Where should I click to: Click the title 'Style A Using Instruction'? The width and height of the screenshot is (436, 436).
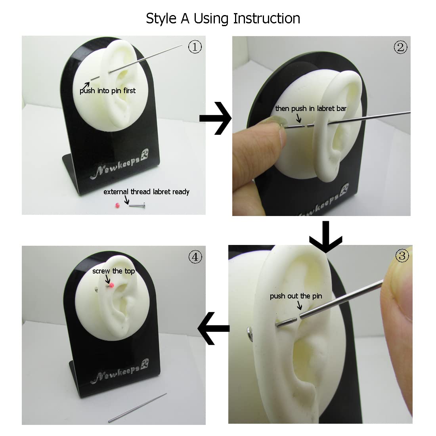pyautogui.click(x=223, y=19)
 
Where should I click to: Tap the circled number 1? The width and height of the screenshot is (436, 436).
pyautogui.click(x=195, y=47)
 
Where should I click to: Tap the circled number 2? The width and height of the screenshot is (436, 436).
pyautogui.click(x=400, y=47)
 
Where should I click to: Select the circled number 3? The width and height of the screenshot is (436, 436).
pyautogui.click(x=402, y=256)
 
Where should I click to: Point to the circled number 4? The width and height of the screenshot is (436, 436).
pyautogui.click(x=195, y=257)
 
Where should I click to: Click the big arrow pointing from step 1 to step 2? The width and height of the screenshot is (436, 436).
pyautogui.click(x=216, y=119)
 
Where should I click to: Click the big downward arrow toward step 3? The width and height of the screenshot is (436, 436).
pyautogui.click(x=325, y=237)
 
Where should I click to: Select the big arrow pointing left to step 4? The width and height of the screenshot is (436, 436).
pyautogui.click(x=214, y=329)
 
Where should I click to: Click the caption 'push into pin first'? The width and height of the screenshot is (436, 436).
pyautogui.click(x=107, y=91)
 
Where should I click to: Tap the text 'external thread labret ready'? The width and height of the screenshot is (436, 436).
pyautogui.click(x=146, y=192)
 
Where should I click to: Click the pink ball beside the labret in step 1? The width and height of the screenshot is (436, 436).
pyautogui.click(x=117, y=205)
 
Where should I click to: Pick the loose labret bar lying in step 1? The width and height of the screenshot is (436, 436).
pyautogui.click(x=137, y=205)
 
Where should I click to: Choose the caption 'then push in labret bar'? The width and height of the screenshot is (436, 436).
pyautogui.click(x=311, y=109)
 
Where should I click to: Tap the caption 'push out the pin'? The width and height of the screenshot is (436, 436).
pyautogui.click(x=296, y=296)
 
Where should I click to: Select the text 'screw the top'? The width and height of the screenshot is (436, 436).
pyautogui.click(x=113, y=271)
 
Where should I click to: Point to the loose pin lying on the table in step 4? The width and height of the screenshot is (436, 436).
pyautogui.click(x=138, y=407)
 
